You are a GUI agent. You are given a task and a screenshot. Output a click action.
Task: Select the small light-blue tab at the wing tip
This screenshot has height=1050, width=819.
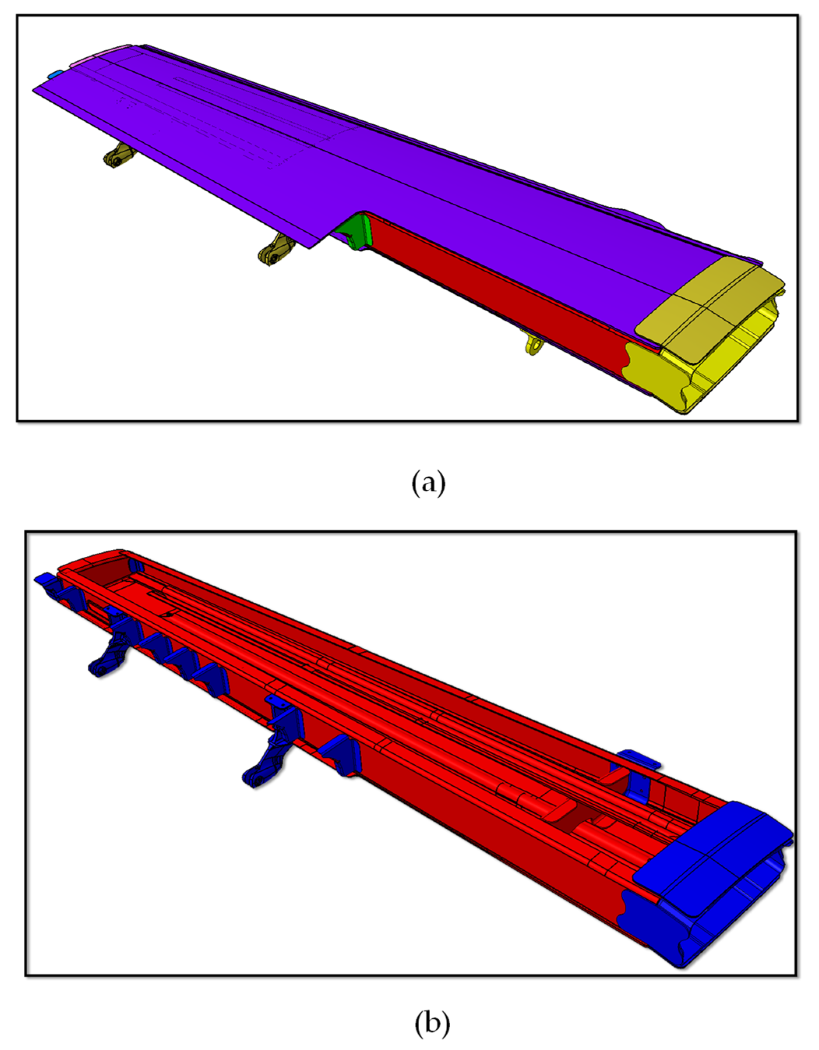tap(55, 74)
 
